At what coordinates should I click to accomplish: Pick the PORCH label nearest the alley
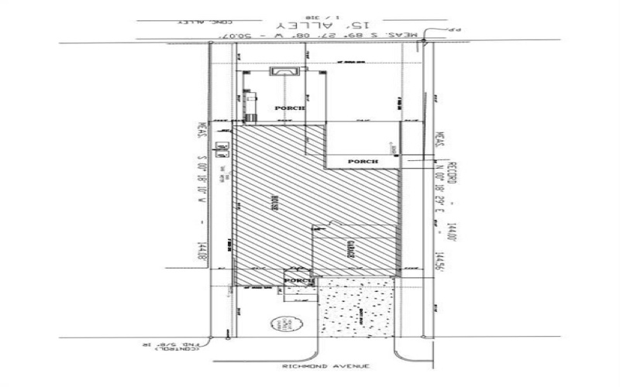coord(290,109)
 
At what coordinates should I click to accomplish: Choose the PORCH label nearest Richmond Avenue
coord(298,280)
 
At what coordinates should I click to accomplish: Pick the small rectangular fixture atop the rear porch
coord(281,72)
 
